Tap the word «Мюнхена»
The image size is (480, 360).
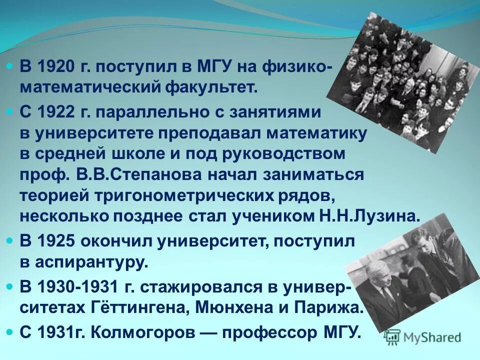(229, 307)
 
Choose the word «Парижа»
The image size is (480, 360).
(330, 307)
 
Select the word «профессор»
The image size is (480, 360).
(259, 332)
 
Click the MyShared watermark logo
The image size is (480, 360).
(423, 337)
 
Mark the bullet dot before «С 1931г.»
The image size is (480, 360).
(11, 332)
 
